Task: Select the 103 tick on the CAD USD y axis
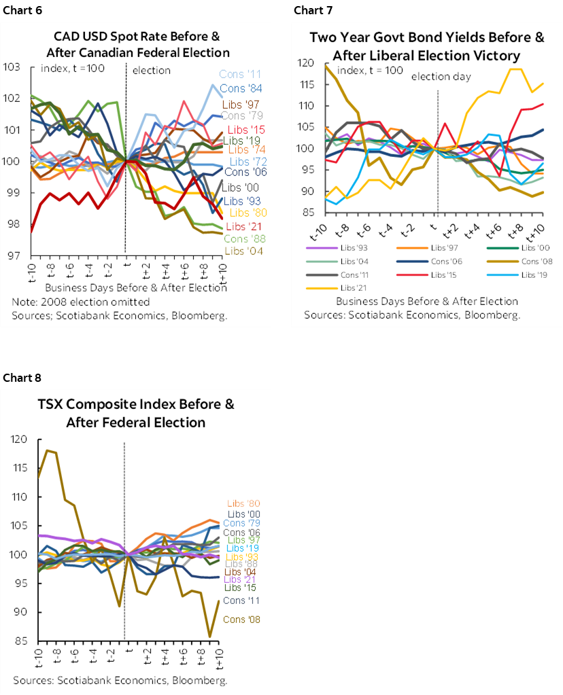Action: (x=13, y=67)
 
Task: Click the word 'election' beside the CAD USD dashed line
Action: (x=151, y=70)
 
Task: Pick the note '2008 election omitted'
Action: (x=60, y=302)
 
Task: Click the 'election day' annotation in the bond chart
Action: (x=441, y=76)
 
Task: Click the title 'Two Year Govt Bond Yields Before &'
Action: (x=427, y=37)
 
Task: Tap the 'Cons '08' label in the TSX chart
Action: (x=241, y=620)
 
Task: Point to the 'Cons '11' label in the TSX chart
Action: (x=241, y=601)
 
